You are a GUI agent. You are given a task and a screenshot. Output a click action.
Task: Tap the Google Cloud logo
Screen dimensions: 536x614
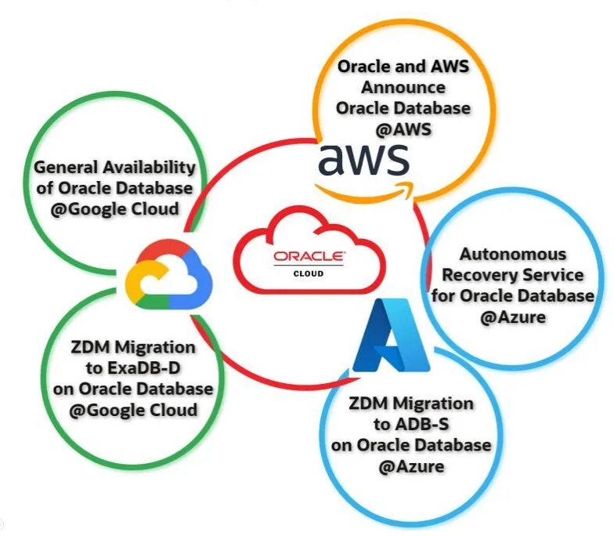[165, 274]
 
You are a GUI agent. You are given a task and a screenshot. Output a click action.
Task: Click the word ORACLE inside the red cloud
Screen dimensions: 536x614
[308, 257]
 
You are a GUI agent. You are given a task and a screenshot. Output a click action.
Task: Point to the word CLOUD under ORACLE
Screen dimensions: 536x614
[308, 274]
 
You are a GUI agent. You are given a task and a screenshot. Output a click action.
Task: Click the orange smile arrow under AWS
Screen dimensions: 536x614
[368, 187]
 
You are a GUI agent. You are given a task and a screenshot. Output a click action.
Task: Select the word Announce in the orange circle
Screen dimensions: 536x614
[403, 87]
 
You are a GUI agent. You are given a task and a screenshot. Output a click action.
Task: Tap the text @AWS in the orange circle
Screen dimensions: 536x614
[403, 129]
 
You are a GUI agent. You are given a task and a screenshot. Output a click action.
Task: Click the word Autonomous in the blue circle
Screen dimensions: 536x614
[512, 255]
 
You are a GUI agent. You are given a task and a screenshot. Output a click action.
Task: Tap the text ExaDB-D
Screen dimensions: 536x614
[132, 368]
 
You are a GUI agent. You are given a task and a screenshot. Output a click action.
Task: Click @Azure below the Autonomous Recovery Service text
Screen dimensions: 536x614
[512, 317]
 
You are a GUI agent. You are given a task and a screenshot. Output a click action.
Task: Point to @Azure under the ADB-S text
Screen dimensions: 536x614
[411, 466]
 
